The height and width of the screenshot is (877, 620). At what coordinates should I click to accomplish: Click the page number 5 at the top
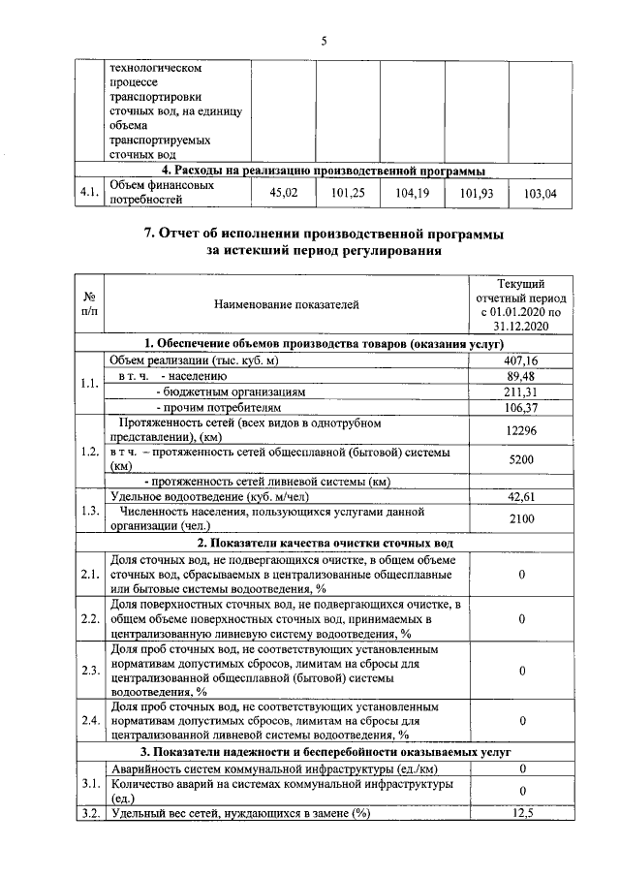pyautogui.click(x=325, y=40)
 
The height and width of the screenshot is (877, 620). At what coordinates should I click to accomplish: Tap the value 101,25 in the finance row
pyautogui.click(x=347, y=194)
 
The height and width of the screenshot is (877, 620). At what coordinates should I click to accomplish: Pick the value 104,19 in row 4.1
pyautogui.click(x=412, y=194)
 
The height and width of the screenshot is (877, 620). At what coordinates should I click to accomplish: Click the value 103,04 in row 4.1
pyautogui.click(x=540, y=194)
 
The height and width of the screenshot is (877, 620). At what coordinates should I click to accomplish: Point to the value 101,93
pyautogui.click(x=476, y=194)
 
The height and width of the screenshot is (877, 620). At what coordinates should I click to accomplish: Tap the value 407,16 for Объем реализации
pyautogui.click(x=521, y=360)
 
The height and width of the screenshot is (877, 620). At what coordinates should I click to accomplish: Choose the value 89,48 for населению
pyautogui.click(x=521, y=376)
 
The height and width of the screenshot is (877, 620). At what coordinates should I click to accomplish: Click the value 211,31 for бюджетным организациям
pyautogui.click(x=521, y=392)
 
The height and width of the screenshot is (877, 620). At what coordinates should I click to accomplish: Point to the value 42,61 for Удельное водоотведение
pyautogui.click(x=521, y=496)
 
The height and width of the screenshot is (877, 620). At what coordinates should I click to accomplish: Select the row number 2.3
pyautogui.click(x=90, y=671)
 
